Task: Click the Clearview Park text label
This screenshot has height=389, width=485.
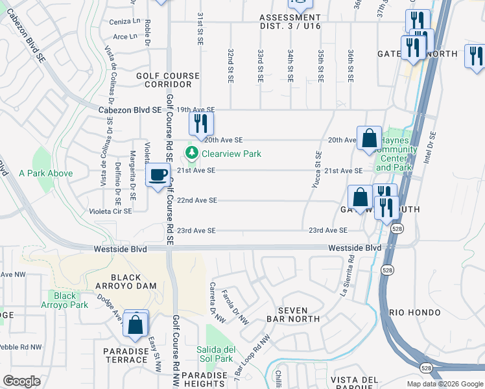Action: click(231, 154)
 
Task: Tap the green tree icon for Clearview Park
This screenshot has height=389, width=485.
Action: click(192, 154)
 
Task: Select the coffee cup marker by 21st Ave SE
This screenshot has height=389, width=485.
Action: click(157, 176)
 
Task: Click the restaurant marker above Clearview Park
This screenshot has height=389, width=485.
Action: click(201, 122)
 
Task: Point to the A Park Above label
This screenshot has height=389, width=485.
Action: click(45, 174)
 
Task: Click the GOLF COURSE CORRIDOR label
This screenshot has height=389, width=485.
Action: click(168, 80)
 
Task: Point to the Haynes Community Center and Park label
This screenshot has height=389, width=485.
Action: click(394, 154)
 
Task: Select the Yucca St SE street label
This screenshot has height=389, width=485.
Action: click(318, 169)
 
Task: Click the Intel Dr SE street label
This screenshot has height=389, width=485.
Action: click(428, 153)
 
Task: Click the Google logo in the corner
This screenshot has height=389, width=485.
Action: click(21, 381)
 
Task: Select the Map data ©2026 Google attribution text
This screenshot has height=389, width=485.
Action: click(444, 384)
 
